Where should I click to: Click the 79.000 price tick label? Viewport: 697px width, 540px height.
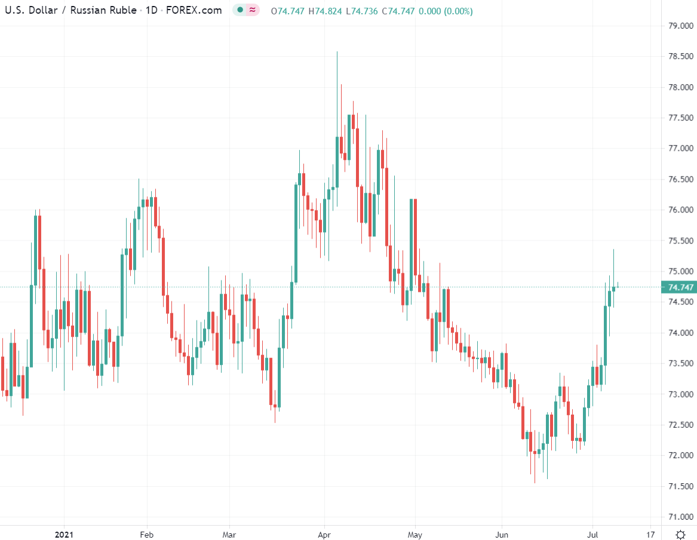tap(681, 26)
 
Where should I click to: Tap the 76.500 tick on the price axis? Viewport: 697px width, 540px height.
tap(681, 180)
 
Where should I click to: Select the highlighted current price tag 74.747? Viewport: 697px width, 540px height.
tap(681, 288)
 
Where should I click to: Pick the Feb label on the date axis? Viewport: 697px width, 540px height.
tap(146, 534)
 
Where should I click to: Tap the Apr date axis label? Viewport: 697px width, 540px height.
tap(324, 534)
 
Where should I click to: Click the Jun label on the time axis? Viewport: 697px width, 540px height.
tap(502, 534)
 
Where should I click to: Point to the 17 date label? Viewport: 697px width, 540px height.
tap(650, 534)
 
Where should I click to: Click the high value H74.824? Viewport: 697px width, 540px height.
tap(326, 11)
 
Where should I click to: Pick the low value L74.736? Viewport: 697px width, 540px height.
tap(362, 11)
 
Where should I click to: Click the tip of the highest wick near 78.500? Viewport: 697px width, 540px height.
tap(337, 52)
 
